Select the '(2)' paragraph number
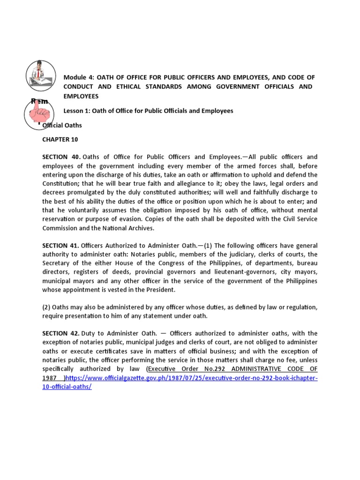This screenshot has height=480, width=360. coord(47,307)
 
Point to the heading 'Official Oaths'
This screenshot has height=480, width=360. coord(63,126)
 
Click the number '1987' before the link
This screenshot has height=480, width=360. coord(50,378)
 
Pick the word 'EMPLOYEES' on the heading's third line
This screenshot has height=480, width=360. coord(81,96)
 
